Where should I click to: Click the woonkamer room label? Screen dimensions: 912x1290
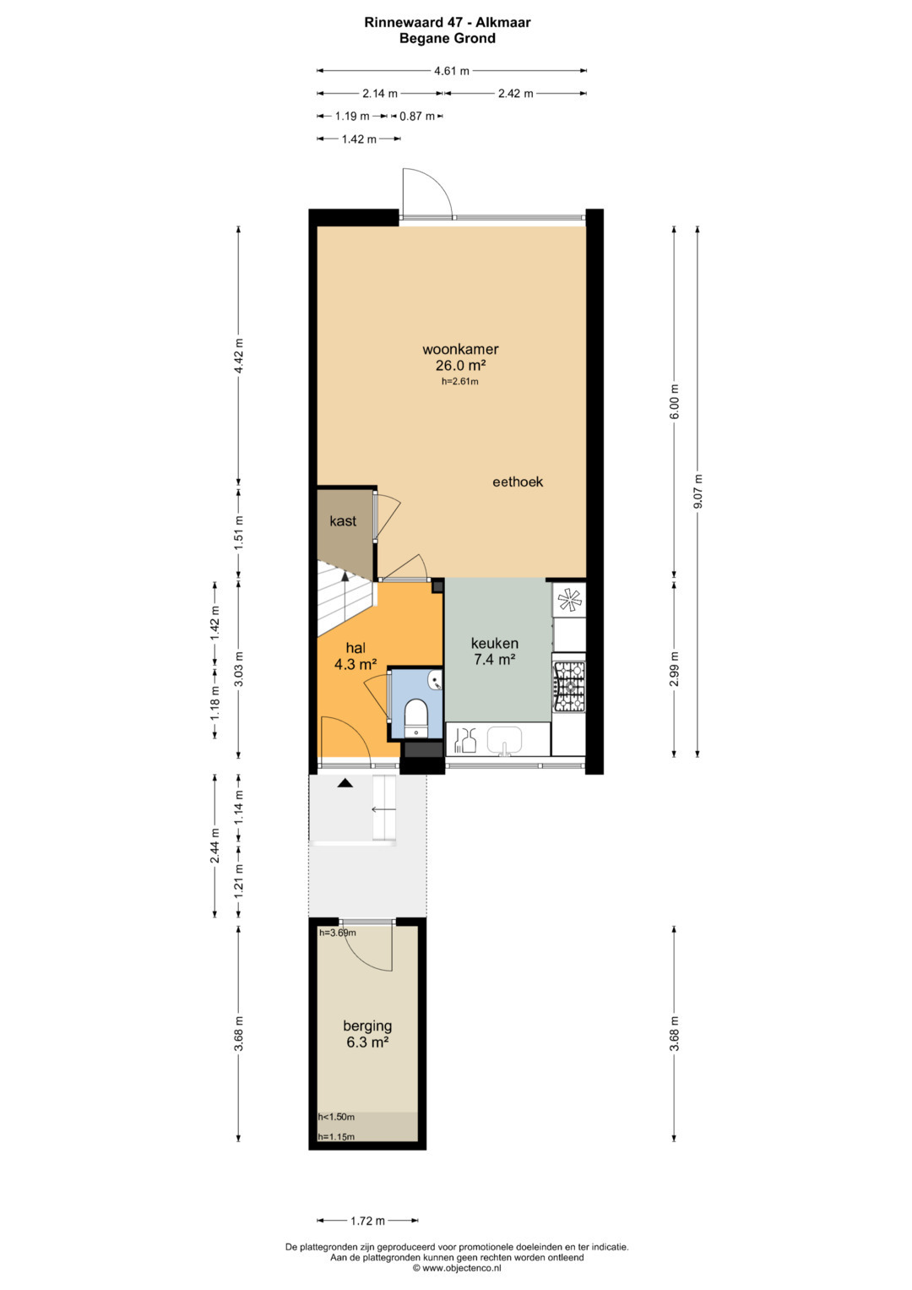[460, 349]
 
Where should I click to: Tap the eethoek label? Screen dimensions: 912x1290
[517, 482]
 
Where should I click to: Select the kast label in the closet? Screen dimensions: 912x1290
[343, 521]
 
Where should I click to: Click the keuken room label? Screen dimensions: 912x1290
[495, 643]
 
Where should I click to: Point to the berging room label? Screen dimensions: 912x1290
[367, 1026]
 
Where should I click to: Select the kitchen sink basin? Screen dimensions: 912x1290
[504, 739]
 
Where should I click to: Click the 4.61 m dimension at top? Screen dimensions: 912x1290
[452, 71]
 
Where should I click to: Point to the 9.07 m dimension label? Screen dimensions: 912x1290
[698, 491]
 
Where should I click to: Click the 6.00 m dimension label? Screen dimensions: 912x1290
[675, 401]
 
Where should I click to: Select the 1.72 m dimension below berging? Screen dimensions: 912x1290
[367, 1221]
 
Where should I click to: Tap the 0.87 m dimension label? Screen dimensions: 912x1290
[417, 117]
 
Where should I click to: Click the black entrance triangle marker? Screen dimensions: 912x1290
[345, 782]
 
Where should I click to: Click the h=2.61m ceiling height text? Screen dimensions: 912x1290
[460, 381]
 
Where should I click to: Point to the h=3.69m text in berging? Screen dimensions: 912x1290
[338, 933]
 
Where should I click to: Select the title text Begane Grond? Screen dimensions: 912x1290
[448, 39]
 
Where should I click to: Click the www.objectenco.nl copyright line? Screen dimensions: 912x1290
[457, 1267]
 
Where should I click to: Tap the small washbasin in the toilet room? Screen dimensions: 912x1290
[436, 681]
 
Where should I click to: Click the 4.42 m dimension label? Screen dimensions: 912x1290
[239, 356]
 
